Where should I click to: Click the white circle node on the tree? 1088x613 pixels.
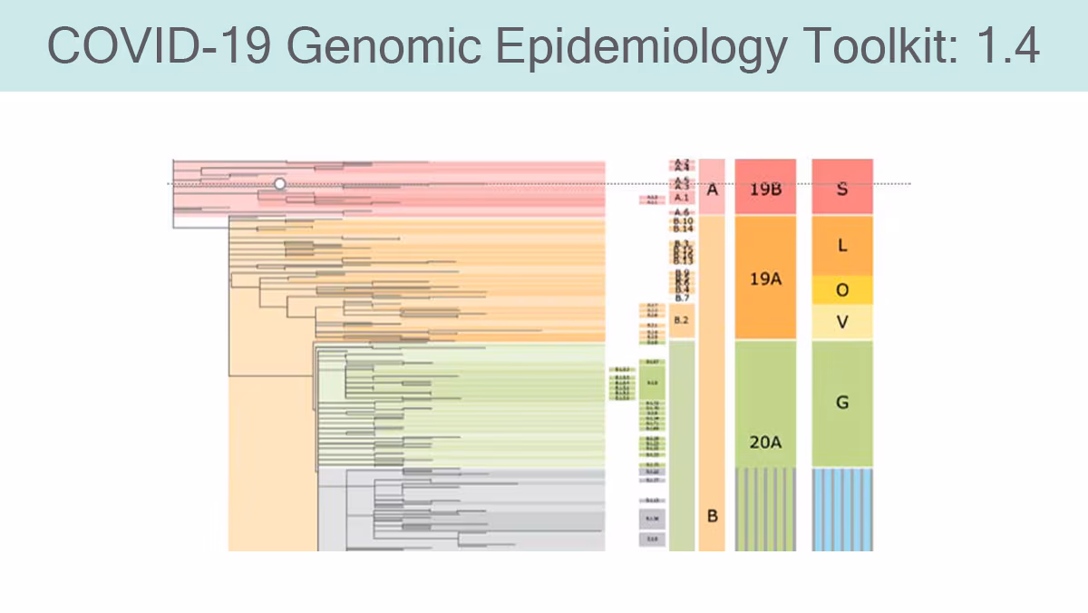[279, 184]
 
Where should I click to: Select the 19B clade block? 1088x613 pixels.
[765, 189]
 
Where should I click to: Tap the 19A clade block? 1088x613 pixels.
[765, 277]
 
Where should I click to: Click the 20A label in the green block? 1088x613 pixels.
[765, 442]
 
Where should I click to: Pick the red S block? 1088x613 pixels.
[842, 188]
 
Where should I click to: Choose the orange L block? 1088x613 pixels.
[842, 245]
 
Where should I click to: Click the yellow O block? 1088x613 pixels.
[842, 290]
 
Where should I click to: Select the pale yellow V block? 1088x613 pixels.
[842, 322]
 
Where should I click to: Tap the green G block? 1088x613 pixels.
[842, 403]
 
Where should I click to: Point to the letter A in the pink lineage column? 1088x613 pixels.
[712, 190]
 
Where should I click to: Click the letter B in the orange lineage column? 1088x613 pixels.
[712, 516]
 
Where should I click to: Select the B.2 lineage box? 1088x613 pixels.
[682, 321]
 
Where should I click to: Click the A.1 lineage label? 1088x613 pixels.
[682, 197]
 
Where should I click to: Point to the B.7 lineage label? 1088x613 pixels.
[682, 297]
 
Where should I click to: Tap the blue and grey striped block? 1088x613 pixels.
[842, 509]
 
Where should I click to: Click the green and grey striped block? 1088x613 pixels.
[765, 509]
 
